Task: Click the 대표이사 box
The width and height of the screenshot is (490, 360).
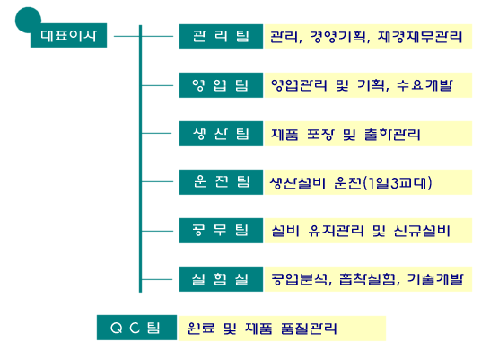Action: pos(68,35)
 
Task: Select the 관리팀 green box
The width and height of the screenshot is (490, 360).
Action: pos(221,37)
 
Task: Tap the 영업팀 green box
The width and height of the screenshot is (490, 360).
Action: pos(221,85)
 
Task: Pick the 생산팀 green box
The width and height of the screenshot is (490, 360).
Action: pos(221,134)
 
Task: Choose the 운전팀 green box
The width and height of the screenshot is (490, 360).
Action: pos(221,182)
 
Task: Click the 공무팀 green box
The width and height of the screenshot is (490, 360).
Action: pos(221,231)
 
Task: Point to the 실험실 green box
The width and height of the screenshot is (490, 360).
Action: pos(221,279)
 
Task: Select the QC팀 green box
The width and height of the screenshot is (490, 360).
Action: pos(136,328)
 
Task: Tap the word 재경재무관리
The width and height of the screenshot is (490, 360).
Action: pos(420,37)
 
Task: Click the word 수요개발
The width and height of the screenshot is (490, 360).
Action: pos(424,85)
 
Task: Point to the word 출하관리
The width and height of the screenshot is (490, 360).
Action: pos(392,135)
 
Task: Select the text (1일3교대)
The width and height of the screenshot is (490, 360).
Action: pos(398,183)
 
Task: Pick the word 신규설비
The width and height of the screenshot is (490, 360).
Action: pos(422,231)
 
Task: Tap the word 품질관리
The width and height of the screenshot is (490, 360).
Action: pos(309,328)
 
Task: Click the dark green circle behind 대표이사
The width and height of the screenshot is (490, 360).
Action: pos(27,19)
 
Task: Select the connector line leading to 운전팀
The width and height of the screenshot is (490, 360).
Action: pos(157,181)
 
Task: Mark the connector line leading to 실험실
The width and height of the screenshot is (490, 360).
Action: pos(157,279)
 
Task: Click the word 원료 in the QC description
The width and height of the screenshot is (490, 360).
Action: pos(201,328)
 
